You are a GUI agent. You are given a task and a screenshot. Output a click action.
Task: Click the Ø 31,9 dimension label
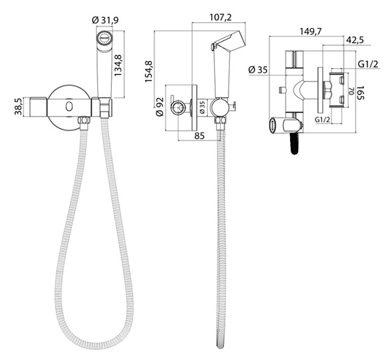[105, 20]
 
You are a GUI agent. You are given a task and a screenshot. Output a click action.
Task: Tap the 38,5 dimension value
[18, 107]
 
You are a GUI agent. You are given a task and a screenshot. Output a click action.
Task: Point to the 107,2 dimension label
[220, 17]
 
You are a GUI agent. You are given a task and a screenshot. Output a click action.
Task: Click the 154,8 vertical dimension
[149, 71]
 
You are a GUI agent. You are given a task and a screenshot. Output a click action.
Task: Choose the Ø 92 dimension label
[160, 107]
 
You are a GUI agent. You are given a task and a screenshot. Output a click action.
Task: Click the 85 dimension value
[199, 135]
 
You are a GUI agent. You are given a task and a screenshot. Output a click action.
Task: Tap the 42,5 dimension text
[355, 40]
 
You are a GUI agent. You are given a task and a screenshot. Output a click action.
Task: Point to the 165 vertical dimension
[360, 93]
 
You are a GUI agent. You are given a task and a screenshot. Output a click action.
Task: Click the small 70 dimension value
[351, 91]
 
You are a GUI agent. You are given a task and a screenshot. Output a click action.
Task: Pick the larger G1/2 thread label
[368, 64]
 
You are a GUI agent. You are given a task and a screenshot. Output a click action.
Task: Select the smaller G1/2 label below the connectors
[322, 120]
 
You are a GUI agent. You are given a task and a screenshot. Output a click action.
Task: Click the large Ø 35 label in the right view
[258, 70]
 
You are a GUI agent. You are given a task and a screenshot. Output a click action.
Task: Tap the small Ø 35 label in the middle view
[202, 107]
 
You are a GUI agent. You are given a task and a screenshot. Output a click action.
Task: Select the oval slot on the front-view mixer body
[69, 107]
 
